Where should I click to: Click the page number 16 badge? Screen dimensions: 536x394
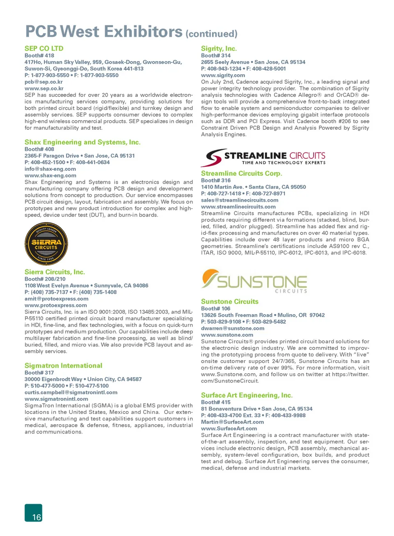[x=34, y=513]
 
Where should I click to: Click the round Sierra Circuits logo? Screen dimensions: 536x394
[x=46, y=244]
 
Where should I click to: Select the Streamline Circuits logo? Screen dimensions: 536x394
[x=265, y=157]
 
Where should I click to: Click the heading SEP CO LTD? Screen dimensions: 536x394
[x=44, y=48]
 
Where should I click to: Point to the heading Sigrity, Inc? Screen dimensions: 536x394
[x=219, y=48]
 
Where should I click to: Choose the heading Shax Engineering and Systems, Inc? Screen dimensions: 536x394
[x=82, y=142]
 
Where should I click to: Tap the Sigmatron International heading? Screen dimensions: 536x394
[x=63, y=366]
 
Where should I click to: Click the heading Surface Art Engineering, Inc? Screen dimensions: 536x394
[x=247, y=395]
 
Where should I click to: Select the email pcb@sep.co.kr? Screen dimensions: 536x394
[x=44, y=82]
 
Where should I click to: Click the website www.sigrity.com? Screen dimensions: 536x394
[x=223, y=75]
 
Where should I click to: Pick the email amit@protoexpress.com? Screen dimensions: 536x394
[x=56, y=299]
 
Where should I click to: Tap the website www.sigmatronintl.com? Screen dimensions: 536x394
[x=56, y=399]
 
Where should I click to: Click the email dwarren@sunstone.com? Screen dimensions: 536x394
[x=233, y=328]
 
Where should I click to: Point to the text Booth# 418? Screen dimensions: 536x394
[x=39, y=55]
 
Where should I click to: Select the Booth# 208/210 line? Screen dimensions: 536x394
[x=45, y=279]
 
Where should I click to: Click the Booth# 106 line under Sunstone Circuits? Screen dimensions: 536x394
[x=215, y=308]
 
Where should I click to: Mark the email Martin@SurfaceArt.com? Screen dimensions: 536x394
[x=232, y=422]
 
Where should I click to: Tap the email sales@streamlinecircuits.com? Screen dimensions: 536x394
[x=240, y=200]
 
